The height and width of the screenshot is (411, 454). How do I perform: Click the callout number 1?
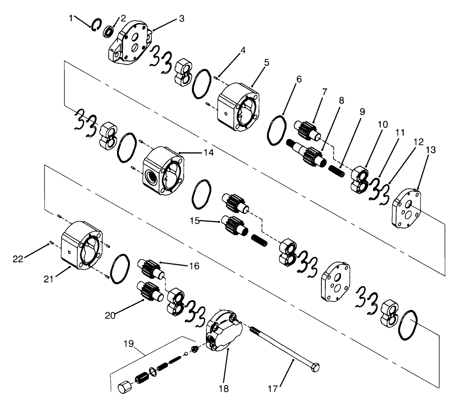point(71,18)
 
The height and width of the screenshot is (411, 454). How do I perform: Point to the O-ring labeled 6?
point(277,130)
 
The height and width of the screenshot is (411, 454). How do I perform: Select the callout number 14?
point(208,153)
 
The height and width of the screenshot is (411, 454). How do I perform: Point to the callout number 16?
point(194,266)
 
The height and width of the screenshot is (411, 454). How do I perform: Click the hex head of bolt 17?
point(316,367)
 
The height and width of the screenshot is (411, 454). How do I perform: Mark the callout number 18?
point(224,388)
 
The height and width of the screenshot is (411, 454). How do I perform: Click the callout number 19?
point(129,344)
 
